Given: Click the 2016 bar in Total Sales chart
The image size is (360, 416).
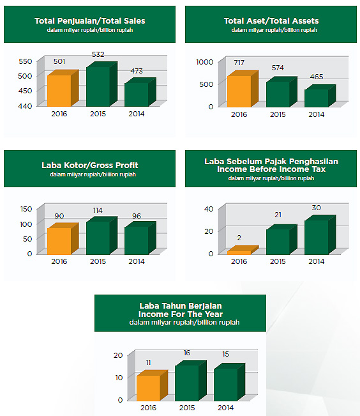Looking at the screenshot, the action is [63, 88].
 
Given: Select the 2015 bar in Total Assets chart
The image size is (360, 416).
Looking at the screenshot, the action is [281, 92].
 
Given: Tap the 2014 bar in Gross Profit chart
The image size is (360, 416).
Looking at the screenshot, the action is [140, 238].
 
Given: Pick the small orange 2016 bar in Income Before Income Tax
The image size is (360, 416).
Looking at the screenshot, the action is [243, 250].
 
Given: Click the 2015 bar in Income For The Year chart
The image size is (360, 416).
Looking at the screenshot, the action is [191, 380].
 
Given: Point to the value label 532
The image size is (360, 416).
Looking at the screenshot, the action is [98, 54].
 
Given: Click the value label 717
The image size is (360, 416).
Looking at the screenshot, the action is [239, 63].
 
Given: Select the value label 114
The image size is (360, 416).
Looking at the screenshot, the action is [98, 210].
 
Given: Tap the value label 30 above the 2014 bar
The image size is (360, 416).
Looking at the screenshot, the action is [316, 208].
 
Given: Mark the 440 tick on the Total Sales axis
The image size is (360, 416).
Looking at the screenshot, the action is [25, 106].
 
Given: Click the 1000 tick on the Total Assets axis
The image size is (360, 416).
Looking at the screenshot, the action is [205, 62].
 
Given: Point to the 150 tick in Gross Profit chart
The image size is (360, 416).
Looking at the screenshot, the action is [26, 209].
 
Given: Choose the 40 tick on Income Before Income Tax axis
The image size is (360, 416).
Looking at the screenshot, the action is [209, 209].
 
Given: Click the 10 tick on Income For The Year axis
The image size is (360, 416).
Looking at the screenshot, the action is [119, 378].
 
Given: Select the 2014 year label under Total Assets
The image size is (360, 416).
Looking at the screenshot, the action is [316, 114].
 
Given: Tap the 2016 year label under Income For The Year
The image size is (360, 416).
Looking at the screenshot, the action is [148, 408].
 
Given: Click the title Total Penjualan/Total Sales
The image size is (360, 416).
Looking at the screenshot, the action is [90, 21].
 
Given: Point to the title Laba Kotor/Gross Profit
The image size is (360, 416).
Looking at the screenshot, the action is [90, 166].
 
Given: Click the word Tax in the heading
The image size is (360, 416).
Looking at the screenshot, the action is [319, 169].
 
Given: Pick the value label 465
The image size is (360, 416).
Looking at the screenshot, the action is [316, 77].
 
